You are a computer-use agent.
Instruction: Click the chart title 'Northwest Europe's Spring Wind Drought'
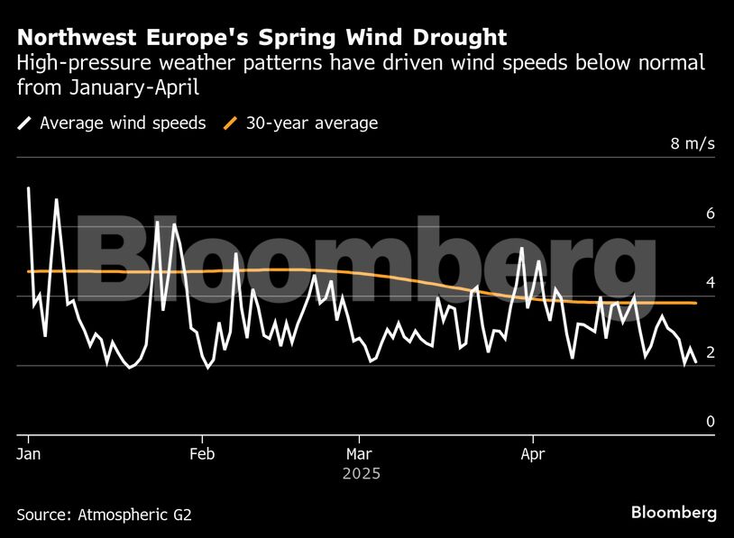click(261, 38)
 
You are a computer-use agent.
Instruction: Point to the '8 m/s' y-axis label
click(693, 144)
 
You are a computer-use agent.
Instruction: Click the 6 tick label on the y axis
click(711, 214)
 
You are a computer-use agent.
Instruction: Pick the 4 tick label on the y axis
click(711, 283)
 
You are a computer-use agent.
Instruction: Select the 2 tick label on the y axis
click(711, 352)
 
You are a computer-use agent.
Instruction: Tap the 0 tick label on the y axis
click(711, 422)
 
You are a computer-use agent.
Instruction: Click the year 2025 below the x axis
click(362, 473)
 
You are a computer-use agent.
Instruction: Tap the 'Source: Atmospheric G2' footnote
click(104, 515)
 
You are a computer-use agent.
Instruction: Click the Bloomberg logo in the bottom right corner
click(674, 513)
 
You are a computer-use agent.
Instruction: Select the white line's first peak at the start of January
click(29, 188)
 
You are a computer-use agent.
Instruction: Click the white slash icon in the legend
click(24, 123)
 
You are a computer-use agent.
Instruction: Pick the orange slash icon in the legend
click(230, 123)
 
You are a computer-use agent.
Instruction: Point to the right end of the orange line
click(695, 304)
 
